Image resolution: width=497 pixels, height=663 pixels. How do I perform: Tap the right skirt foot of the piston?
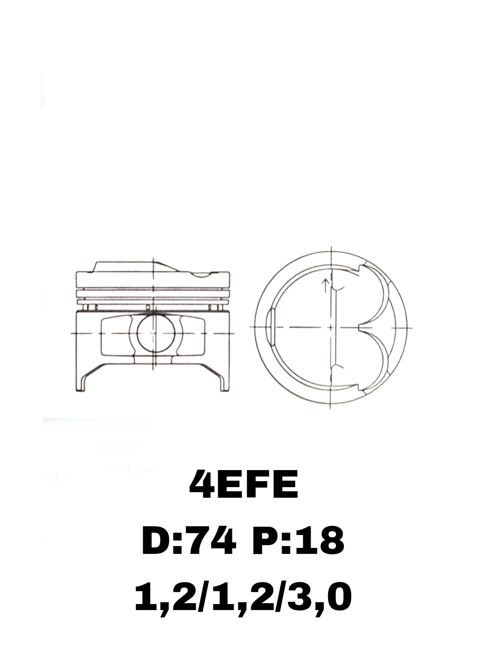pos(225,384)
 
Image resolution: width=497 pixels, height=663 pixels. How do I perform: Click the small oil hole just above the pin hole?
pos(148,308)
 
